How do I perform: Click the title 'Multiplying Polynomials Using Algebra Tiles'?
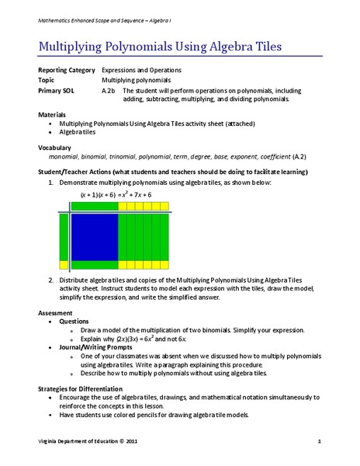(160, 47)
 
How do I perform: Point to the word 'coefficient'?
(267, 155)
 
